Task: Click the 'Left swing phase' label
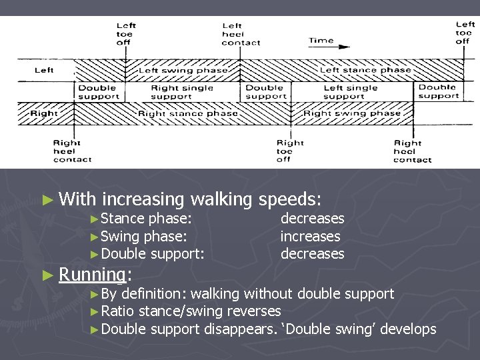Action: (x=183, y=70)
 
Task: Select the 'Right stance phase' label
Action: (x=187, y=113)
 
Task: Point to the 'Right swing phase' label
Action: (x=352, y=113)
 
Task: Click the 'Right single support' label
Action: (x=182, y=92)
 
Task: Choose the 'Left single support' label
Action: (x=350, y=92)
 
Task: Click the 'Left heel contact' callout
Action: (x=241, y=34)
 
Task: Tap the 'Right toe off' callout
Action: (x=290, y=151)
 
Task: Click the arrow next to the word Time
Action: (x=343, y=47)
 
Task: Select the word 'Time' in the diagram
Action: (x=321, y=41)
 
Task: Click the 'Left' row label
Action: (x=44, y=70)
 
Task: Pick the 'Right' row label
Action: (x=44, y=113)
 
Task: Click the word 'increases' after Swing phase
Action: (x=310, y=236)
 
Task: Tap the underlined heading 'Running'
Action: (x=92, y=274)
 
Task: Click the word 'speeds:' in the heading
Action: (x=289, y=199)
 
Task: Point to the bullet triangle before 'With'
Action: (x=46, y=199)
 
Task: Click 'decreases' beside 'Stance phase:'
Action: (x=312, y=218)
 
